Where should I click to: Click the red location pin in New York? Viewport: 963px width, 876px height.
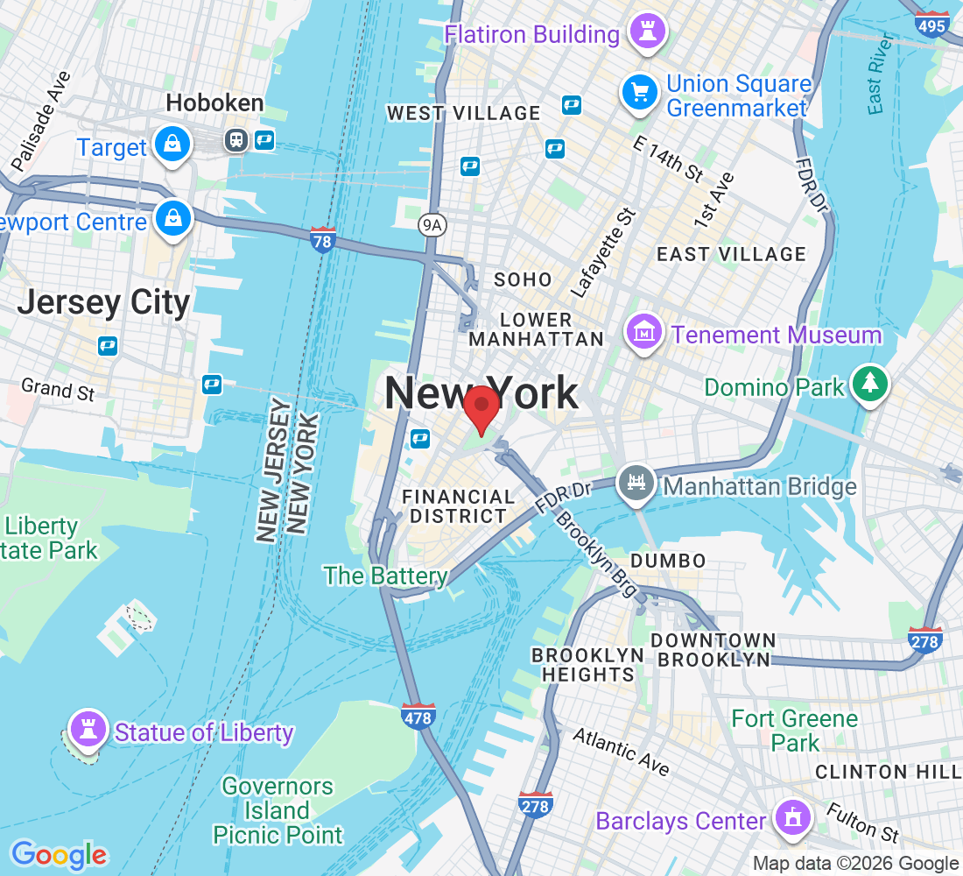(x=481, y=409)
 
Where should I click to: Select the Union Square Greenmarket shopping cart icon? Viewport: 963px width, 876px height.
(x=640, y=92)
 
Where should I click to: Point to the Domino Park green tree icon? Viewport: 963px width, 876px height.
(x=869, y=385)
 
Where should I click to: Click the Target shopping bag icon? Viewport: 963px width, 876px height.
(x=172, y=145)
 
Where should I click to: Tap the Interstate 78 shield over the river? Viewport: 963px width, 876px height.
(x=323, y=239)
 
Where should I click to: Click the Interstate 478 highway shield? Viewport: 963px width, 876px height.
(x=418, y=717)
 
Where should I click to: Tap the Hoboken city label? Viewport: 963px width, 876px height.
(x=214, y=103)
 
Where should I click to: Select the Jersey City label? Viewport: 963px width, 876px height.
(x=103, y=302)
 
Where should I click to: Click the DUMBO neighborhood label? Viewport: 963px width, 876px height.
(x=667, y=561)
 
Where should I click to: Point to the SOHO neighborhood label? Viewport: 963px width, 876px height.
(x=523, y=279)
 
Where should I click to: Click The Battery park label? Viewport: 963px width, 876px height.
(x=385, y=576)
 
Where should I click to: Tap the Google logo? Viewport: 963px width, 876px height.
(x=59, y=855)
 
